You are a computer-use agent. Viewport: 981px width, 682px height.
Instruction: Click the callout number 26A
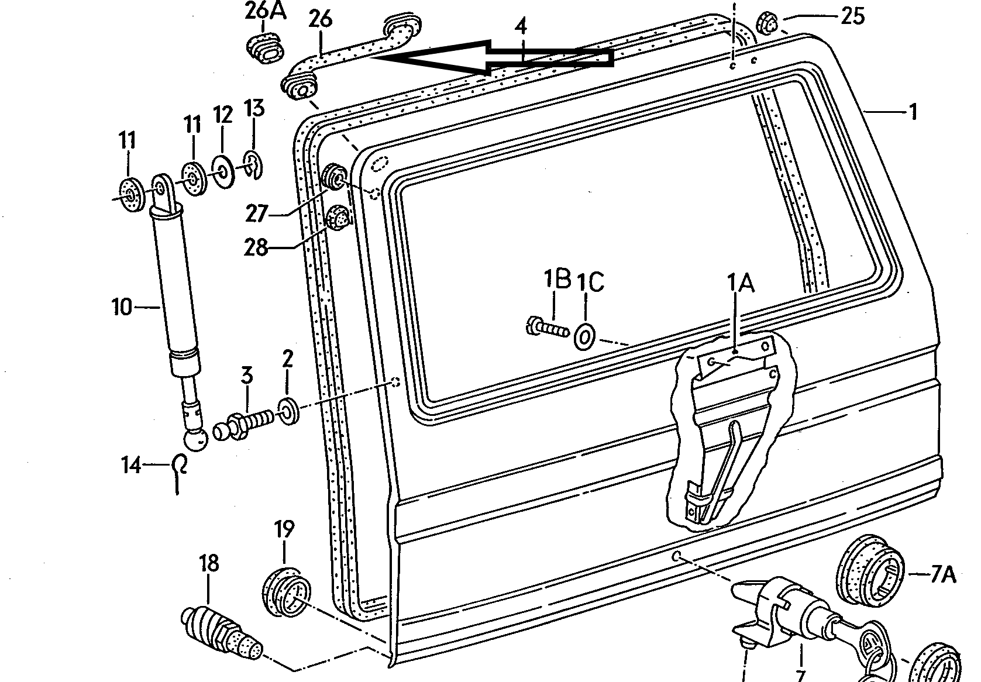[264, 12]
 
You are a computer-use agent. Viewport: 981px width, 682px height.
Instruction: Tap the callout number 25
[852, 16]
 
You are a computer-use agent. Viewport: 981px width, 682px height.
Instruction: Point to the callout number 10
[122, 306]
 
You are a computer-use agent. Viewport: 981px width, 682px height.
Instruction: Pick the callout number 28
[256, 248]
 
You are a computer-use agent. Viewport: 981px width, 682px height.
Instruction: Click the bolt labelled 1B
[549, 328]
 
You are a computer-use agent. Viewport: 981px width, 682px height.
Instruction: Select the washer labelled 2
[288, 410]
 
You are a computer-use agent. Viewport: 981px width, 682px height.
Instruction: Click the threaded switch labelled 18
[221, 631]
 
